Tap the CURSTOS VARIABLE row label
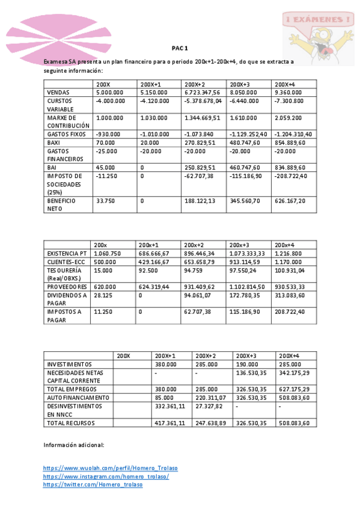[62, 105]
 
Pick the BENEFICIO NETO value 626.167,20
[290, 201]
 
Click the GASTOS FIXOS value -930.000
[108, 134]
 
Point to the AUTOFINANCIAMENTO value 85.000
[165, 398]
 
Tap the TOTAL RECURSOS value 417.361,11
[170, 423]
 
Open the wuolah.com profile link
[111, 468]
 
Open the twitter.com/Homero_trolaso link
[93, 485]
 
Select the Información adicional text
[74, 445]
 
